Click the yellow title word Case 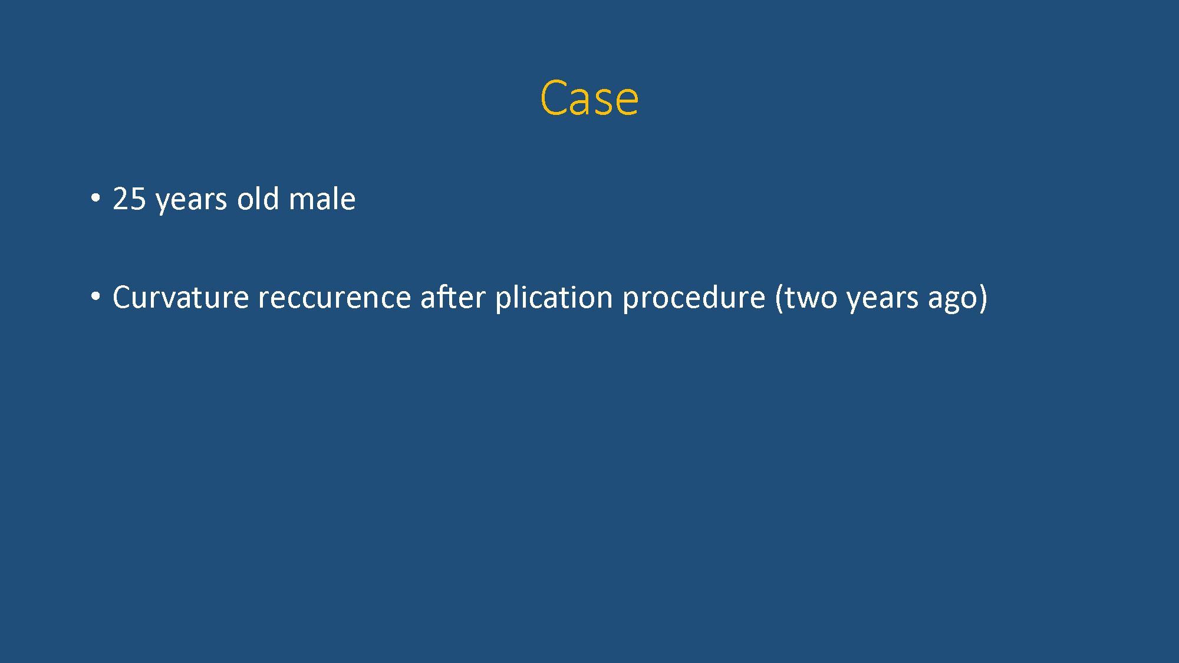click(x=589, y=98)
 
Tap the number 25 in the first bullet click(x=129, y=199)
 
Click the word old click(x=258, y=198)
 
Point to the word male click(x=322, y=198)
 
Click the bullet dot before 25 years click(x=95, y=199)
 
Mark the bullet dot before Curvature click(x=95, y=297)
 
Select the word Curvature click(x=180, y=297)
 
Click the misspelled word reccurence click(x=334, y=299)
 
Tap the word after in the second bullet click(x=453, y=296)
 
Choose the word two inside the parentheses click(x=811, y=298)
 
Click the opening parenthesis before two click(x=779, y=298)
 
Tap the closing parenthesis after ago click(x=983, y=298)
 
